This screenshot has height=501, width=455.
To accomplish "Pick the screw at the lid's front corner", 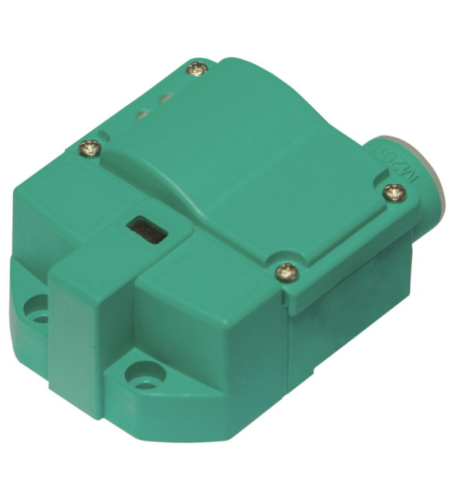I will pyautogui.click(x=285, y=268).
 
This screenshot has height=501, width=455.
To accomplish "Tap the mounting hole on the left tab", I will pyautogui.click(x=35, y=308).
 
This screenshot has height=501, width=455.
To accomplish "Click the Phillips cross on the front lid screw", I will pyautogui.click(x=285, y=268).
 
